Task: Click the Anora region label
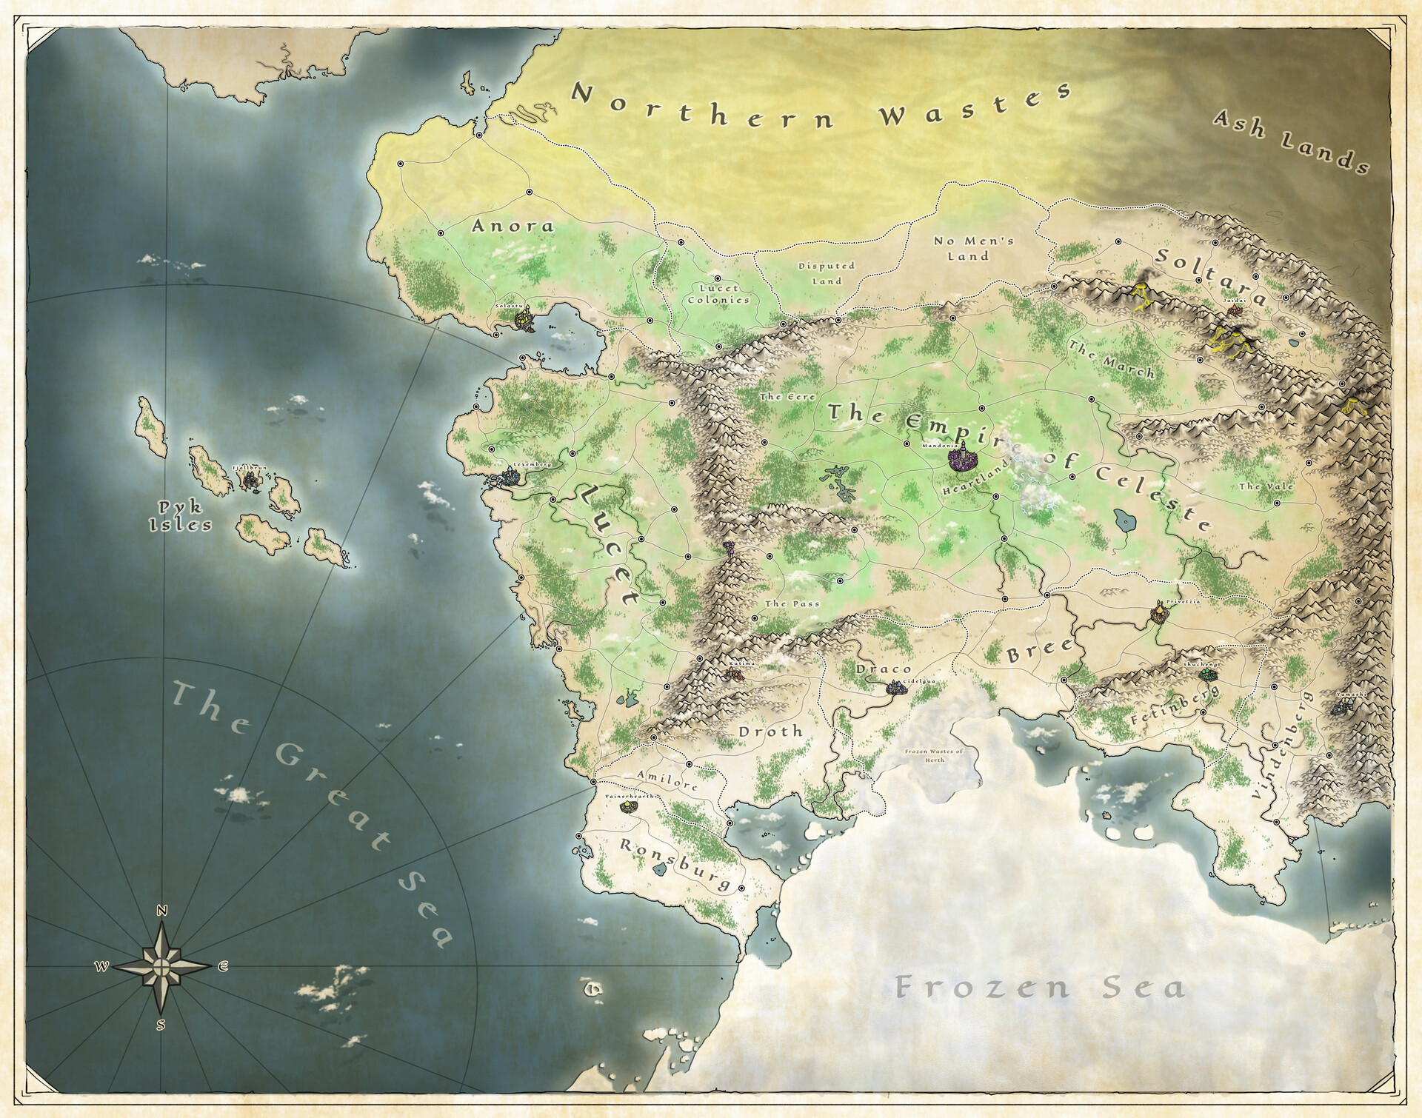[513, 225]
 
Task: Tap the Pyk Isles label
[181, 516]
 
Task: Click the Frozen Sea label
[1041, 987]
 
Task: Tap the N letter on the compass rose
[162, 911]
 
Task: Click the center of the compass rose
[161, 965]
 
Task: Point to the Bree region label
[1039, 649]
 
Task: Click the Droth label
[770, 732]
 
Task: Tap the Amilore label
[667, 780]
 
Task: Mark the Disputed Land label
[826, 273]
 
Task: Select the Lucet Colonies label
[718, 294]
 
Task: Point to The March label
[1111, 359]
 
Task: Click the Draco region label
[884, 669]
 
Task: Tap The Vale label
[1266, 486]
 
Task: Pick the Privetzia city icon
[1158, 614]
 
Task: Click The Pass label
[792, 603]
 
